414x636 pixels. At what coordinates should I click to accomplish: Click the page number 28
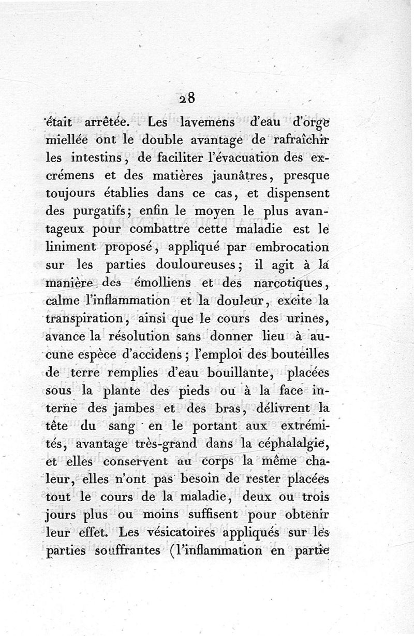[186, 99]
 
